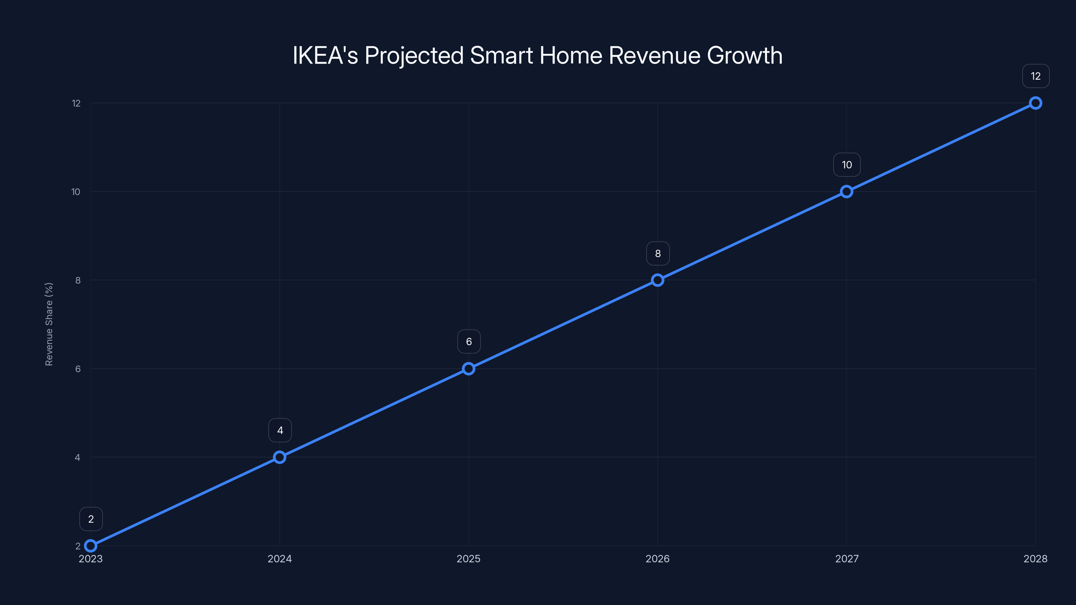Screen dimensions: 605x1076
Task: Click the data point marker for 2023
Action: [x=91, y=546]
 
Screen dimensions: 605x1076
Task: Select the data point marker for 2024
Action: [x=279, y=457]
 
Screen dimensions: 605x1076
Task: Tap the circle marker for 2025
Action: [x=469, y=369]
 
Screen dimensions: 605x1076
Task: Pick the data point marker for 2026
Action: [x=657, y=280]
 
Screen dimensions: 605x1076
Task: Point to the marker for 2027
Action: [x=847, y=192]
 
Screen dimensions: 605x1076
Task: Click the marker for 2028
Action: [x=1036, y=103]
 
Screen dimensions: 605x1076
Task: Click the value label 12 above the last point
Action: [x=1036, y=76]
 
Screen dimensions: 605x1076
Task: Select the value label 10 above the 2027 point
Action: [x=847, y=165]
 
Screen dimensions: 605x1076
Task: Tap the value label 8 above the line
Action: [x=658, y=253]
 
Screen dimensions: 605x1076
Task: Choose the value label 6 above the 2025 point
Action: [x=469, y=341]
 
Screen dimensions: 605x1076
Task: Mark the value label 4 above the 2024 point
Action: [x=280, y=430]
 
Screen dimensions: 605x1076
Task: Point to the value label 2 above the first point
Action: [x=91, y=519]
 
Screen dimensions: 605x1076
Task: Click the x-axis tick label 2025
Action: [x=468, y=559]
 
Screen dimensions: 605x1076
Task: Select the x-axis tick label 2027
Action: [x=847, y=559]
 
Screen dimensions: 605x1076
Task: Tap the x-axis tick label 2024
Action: [x=279, y=559]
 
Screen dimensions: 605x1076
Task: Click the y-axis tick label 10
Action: [x=76, y=192]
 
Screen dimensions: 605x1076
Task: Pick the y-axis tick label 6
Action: [x=78, y=369]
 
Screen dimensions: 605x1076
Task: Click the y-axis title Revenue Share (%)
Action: [x=49, y=324]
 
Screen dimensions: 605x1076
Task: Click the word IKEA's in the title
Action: [x=325, y=55]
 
